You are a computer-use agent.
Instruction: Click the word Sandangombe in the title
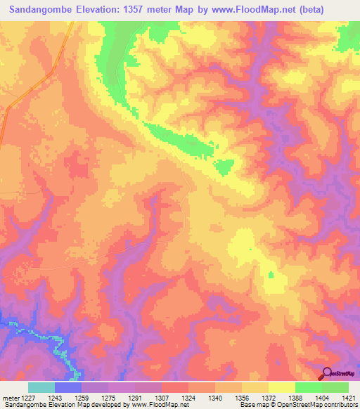(42, 9)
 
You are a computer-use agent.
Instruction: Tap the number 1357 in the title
(145, 9)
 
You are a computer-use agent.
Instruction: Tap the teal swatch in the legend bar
(41, 387)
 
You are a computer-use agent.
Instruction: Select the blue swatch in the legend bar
(68, 387)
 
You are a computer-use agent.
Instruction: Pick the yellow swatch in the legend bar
(282, 387)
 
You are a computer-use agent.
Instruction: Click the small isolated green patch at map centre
(224, 167)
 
